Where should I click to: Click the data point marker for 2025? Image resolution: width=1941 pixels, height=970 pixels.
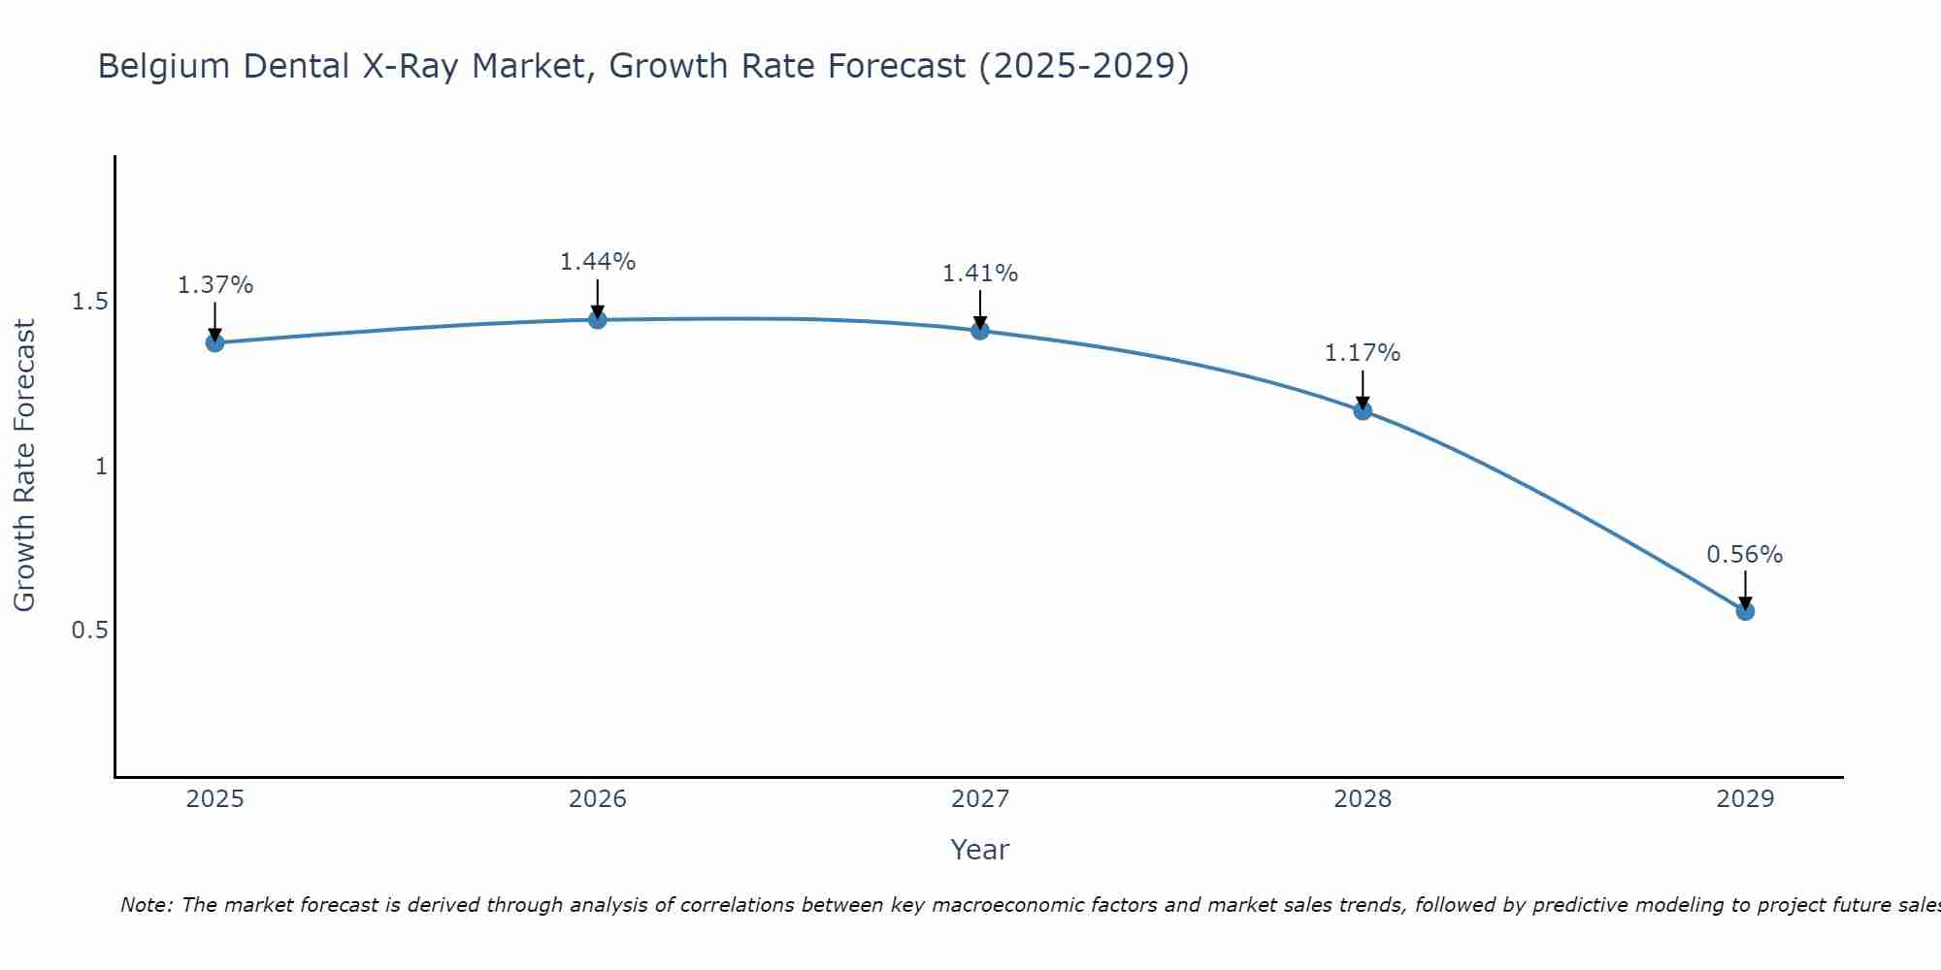click(x=214, y=342)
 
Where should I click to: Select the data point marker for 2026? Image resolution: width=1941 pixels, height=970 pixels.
click(x=597, y=319)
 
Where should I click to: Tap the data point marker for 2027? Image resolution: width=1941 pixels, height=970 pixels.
click(x=979, y=330)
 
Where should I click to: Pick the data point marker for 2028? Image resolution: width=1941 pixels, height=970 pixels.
click(x=1363, y=410)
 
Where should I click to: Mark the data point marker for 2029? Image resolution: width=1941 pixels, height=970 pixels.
click(x=1745, y=611)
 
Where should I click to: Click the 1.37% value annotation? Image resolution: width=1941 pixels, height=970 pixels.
click(x=214, y=285)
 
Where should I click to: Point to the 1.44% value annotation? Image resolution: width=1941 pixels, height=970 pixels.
click(x=597, y=262)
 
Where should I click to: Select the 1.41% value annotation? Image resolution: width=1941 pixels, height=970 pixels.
click(x=979, y=274)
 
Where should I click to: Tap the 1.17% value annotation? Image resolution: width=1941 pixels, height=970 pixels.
click(x=1363, y=353)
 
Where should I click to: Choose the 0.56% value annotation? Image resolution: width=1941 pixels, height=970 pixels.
click(x=1744, y=555)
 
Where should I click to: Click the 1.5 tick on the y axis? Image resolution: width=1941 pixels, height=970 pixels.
click(x=89, y=303)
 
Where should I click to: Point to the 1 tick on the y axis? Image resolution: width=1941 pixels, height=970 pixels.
click(x=100, y=467)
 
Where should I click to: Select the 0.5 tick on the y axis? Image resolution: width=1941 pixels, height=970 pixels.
click(x=89, y=630)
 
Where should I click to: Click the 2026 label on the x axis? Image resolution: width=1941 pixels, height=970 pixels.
click(x=597, y=799)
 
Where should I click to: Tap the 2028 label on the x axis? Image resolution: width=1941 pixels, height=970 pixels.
click(x=1363, y=799)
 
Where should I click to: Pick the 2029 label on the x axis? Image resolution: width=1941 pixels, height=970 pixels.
click(x=1745, y=799)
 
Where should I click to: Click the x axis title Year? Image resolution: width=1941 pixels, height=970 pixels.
click(x=979, y=850)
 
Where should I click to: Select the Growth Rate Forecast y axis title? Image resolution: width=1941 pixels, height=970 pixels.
click(x=24, y=466)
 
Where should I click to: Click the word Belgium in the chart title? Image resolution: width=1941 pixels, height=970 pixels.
click(x=164, y=67)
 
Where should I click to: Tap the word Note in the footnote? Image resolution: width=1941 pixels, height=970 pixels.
click(x=145, y=905)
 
